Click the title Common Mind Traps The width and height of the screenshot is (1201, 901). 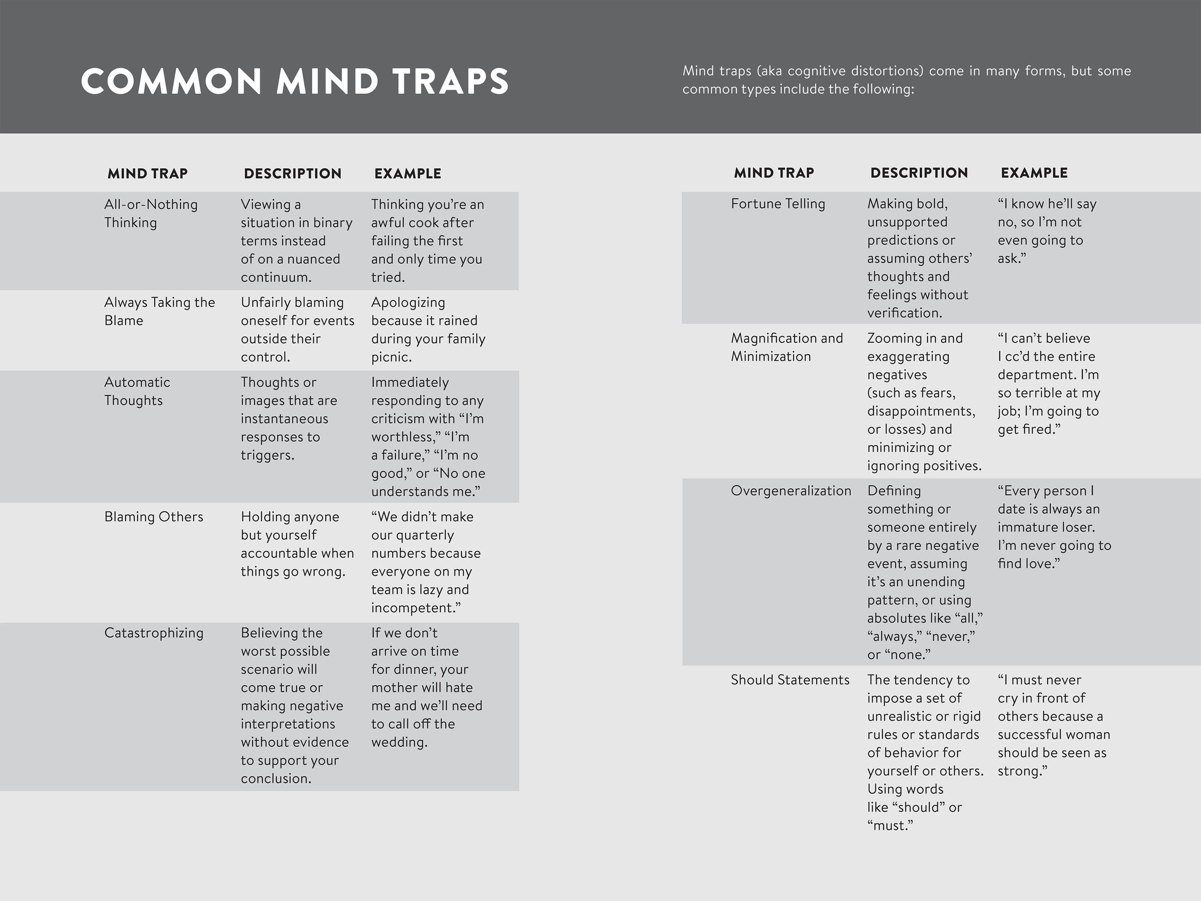[x=294, y=81]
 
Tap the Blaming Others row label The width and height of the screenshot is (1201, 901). [x=154, y=517]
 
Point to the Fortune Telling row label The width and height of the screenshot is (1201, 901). [x=777, y=204]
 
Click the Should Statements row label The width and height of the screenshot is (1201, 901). [x=789, y=680]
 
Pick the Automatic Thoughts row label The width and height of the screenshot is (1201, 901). [x=137, y=391]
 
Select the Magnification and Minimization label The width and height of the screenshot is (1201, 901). [x=786, y=347]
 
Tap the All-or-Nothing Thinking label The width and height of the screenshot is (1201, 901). [x=151, y=213]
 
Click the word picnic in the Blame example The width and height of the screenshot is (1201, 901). [x=390, y=357]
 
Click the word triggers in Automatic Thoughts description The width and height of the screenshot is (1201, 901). [x=266, y=455]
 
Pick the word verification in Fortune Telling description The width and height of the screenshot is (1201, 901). [x=904, y=313]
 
